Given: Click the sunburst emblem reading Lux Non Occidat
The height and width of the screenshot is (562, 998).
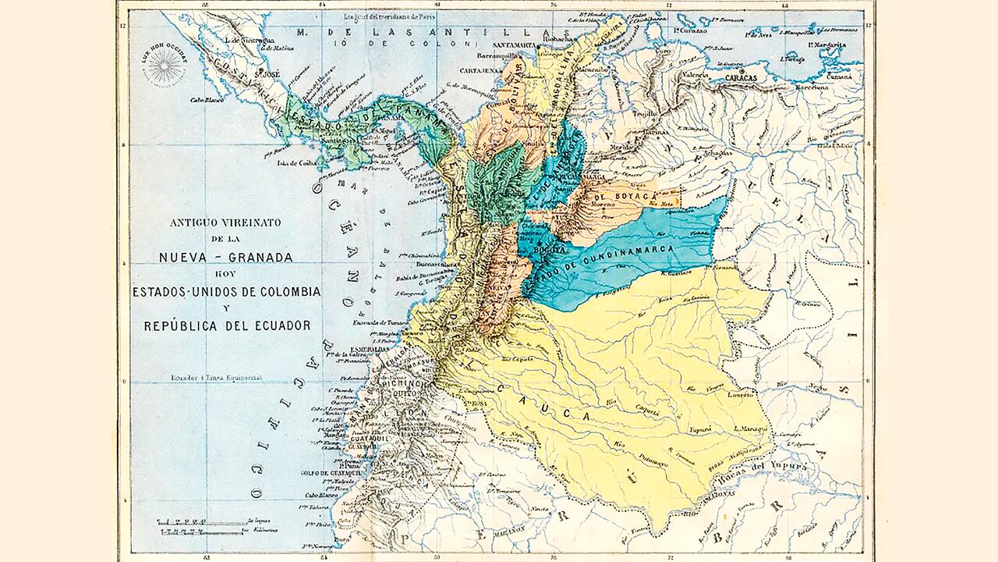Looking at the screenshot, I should point(165,66).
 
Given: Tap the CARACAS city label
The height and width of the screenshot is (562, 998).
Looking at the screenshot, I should point(748,79).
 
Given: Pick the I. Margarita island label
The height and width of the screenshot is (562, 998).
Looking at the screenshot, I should point(826,45).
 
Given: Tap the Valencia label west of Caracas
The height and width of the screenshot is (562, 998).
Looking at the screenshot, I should point(696,75).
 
